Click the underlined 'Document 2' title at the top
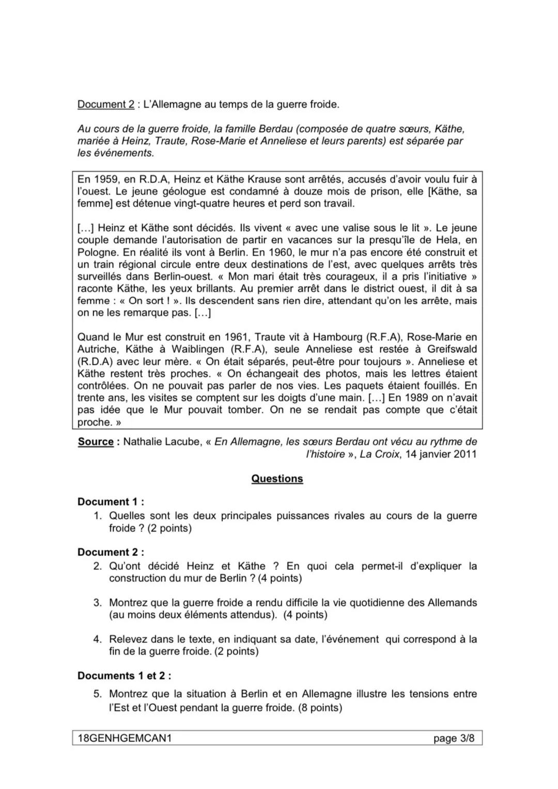click(105, 104)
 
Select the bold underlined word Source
click(96, 442)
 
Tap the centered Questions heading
click(277, 478)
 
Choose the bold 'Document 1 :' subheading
click(111, 502)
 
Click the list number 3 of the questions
click(97, 602)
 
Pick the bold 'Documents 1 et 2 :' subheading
click(124, 676)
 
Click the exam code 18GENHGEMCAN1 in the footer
click(124, 738)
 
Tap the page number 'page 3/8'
click(454, 738)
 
